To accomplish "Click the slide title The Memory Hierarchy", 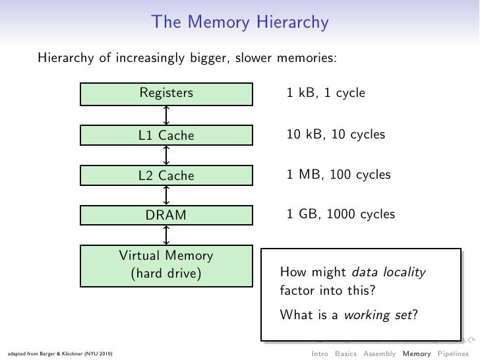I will click(x=240, y=23).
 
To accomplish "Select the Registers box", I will click(x=166, y=94).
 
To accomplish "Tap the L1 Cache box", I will click(x=166, y=136).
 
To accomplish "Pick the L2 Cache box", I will click(x=166, y=175).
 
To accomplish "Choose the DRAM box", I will click(x=166, y=215).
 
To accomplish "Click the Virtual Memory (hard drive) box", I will click(x=166, y=264).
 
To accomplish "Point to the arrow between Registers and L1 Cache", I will click(x=167, y=115).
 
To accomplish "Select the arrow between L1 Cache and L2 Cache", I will click(x=167, y=156).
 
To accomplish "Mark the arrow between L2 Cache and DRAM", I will click(x=167, y=195).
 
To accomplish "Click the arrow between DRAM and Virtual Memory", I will click(x=167, y=235).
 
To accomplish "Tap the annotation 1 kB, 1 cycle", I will click(x=326, y=94).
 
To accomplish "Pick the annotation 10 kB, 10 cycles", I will click(x=336, y=135).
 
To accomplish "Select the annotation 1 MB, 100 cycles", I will click(x=338, y=175).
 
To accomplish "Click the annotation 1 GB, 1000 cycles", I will click(x=341, y=215).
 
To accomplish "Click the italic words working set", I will click(x=379, y=315).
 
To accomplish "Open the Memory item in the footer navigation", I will click(x=417, y=353).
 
